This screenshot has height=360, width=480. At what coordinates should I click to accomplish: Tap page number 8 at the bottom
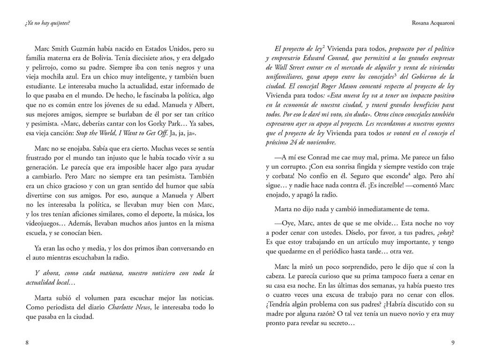point(27,343)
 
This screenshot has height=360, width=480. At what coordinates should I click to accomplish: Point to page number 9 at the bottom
point(453,343)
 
